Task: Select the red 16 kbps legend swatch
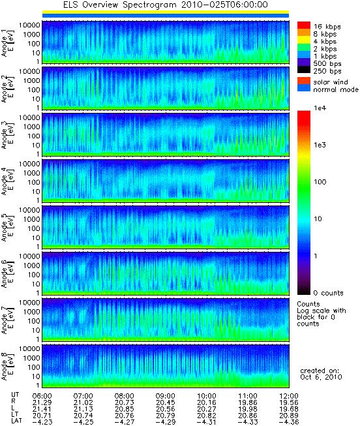click(304, 25)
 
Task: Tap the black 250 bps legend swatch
click(304, 70)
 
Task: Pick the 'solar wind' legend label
click(331, 82)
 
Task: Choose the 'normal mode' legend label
click(336, 89)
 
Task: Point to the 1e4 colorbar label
click(320, 108)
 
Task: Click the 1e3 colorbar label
click(320, 145)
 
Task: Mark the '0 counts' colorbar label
click(328, 293)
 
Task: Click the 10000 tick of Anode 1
click(29, 25)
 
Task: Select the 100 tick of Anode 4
click(34, 182)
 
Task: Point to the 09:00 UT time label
click(166, 396)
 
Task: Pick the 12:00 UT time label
click(289, 396)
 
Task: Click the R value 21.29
click(42, 403)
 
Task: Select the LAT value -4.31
click(206, 423)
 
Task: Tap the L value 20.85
click(124, 409)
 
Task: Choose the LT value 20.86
click(248, 416)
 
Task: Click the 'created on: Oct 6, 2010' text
click(321, 374)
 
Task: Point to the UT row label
click(15, 395)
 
